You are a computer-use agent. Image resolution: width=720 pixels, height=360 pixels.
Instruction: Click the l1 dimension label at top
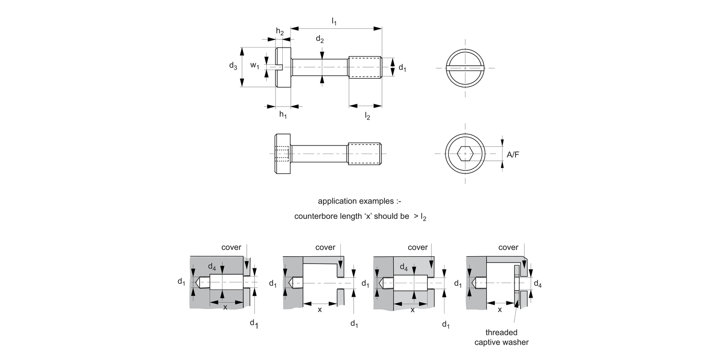pos(334,21)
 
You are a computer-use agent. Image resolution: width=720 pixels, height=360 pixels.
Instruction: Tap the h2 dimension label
pos(280,32)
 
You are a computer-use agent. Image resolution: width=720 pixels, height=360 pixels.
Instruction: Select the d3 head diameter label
pos(233,66)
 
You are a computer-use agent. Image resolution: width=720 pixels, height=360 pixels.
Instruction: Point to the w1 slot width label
pos(255,66)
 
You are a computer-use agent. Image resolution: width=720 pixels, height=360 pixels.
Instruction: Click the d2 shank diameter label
pos(320,40)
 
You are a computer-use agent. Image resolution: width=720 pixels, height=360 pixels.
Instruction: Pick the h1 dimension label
pos(283,115)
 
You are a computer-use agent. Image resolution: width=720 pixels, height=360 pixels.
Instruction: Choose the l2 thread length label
pos(367,116)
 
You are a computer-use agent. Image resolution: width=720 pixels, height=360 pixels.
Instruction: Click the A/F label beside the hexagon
pos(514,154)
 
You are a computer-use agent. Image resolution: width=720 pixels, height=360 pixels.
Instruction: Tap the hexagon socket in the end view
pos(465,154)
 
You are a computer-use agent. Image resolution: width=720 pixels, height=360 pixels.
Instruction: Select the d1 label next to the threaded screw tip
pos(402,68)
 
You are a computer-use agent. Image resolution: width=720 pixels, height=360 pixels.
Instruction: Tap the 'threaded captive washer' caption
pos(502,337)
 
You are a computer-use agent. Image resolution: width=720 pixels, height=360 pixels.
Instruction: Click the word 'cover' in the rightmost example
pos(508,247)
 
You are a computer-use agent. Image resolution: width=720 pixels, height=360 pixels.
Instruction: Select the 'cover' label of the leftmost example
pos(231,247)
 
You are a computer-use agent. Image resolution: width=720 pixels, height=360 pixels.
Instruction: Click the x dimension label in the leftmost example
pos(225,308)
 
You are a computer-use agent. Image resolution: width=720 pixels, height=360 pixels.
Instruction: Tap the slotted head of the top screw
pos(283,67)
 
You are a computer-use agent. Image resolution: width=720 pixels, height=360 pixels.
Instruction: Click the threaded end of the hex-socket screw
pos(364,154)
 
